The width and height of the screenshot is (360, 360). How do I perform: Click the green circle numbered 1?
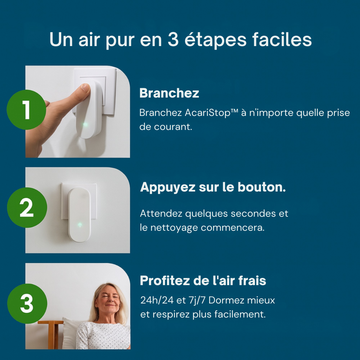[26, 110]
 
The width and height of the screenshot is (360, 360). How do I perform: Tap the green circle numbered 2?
[27, 208]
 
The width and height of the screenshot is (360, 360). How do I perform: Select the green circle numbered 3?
[27, 303]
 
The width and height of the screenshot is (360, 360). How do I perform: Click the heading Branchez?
[169, 93]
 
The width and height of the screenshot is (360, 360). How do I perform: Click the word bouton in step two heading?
[261, 187]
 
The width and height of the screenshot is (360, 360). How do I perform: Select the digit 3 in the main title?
[173, 39]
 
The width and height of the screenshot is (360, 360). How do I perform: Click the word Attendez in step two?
[161, 213]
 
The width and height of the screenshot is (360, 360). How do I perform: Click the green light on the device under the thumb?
[85, 125]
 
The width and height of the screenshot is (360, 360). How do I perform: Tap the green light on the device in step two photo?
[80, 225]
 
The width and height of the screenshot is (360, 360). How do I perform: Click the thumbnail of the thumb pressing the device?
[78, 112]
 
